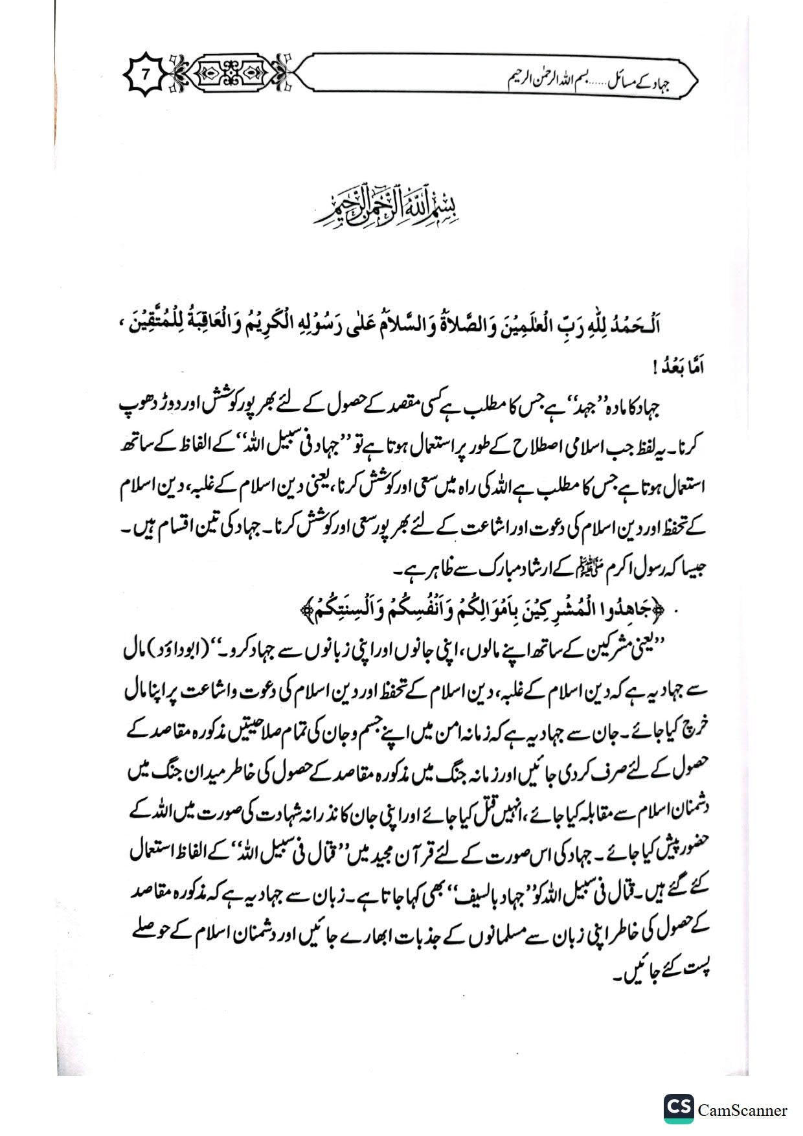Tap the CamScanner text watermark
tap(742, 1109)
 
